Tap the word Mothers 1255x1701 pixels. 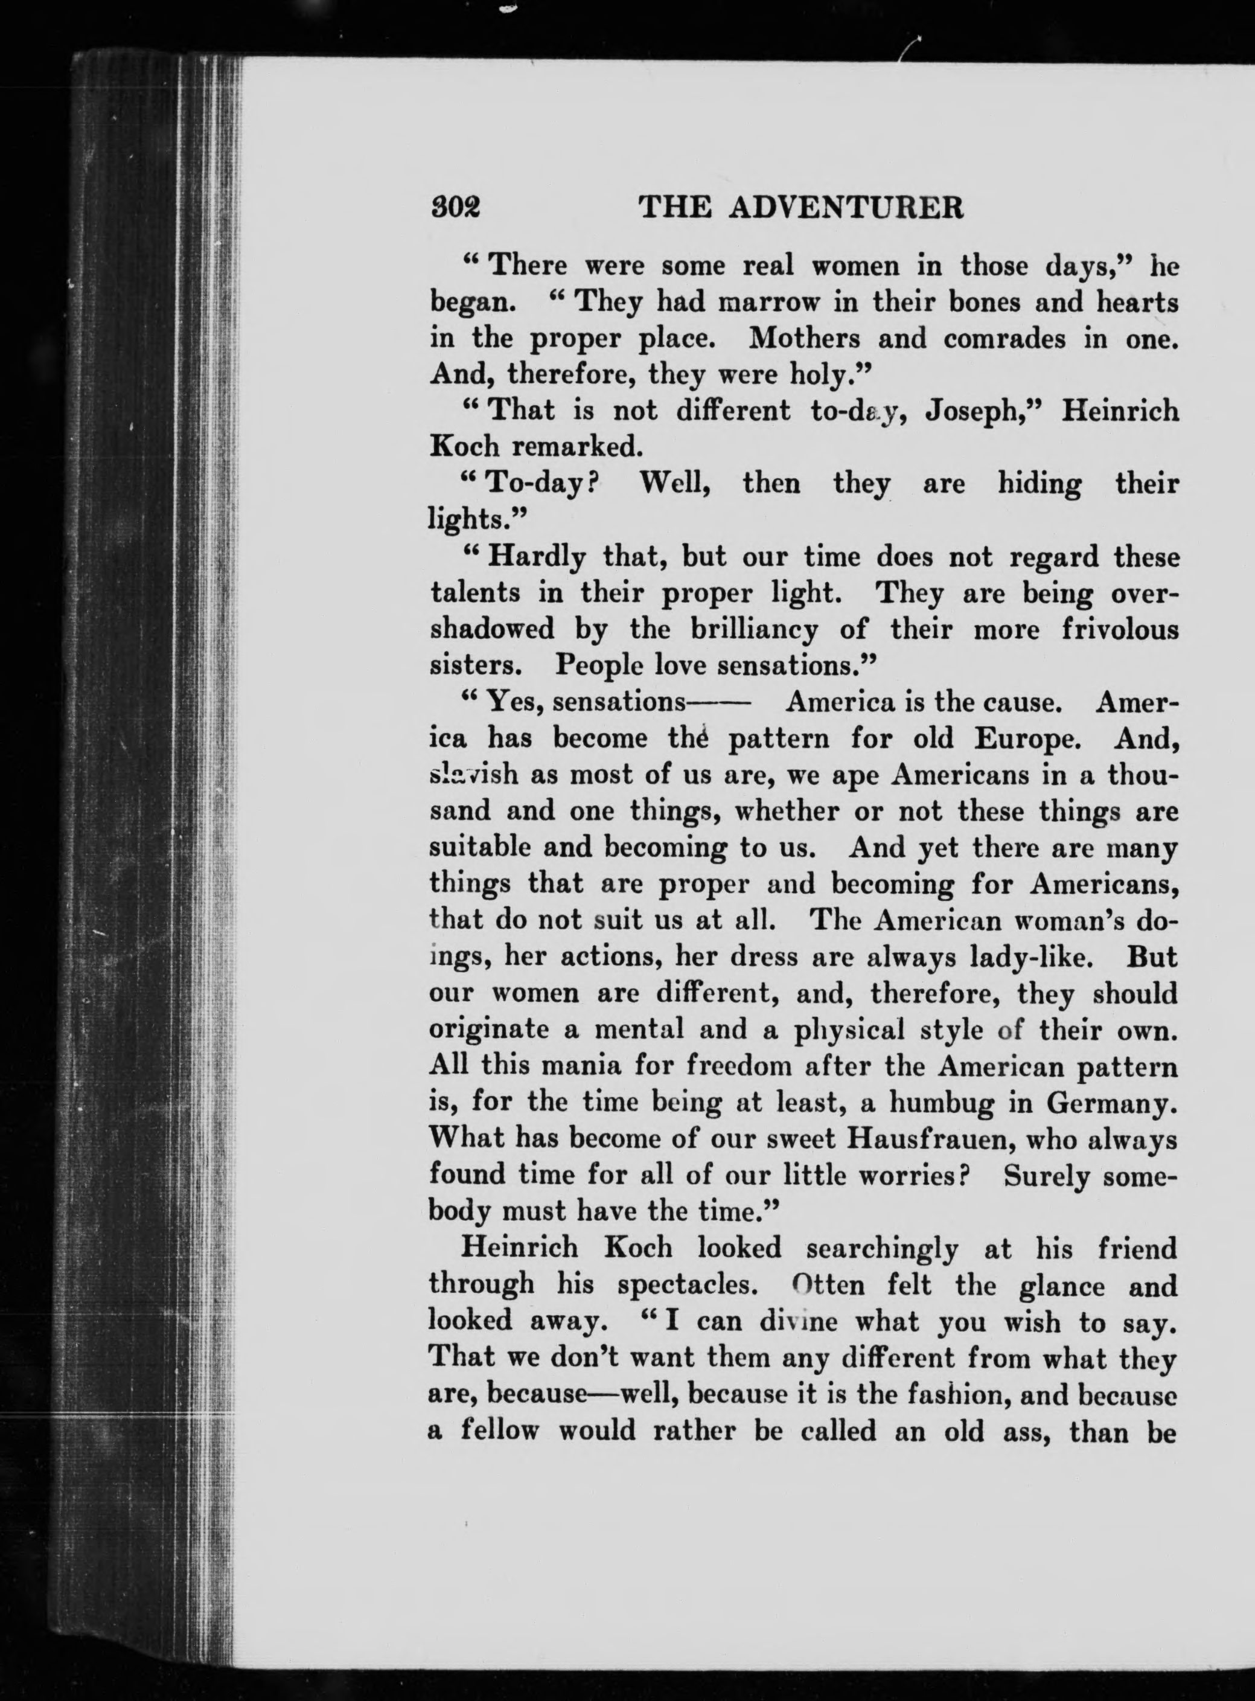805,339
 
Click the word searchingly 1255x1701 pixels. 882,1249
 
